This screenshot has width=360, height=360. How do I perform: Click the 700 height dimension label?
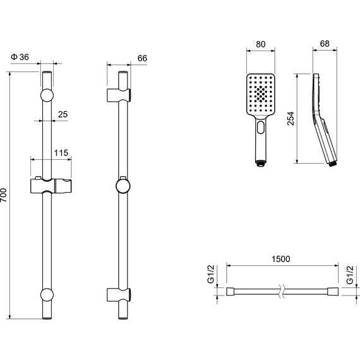tap(4, 195)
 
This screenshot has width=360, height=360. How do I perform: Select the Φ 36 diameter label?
tap(20, 57)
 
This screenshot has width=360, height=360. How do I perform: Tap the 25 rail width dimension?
tap(63, 114)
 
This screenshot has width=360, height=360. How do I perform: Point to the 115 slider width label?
tap(61, 153)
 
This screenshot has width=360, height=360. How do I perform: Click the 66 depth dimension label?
tap(142, 58)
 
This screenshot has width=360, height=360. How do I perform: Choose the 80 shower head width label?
tap(261, 44)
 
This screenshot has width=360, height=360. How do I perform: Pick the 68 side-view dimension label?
tap(325, 44)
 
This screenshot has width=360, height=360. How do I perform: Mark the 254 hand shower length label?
tap(291, 119)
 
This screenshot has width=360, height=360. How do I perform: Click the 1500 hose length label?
tap(281, 259)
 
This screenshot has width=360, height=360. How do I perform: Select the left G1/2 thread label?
tap(210, 274)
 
